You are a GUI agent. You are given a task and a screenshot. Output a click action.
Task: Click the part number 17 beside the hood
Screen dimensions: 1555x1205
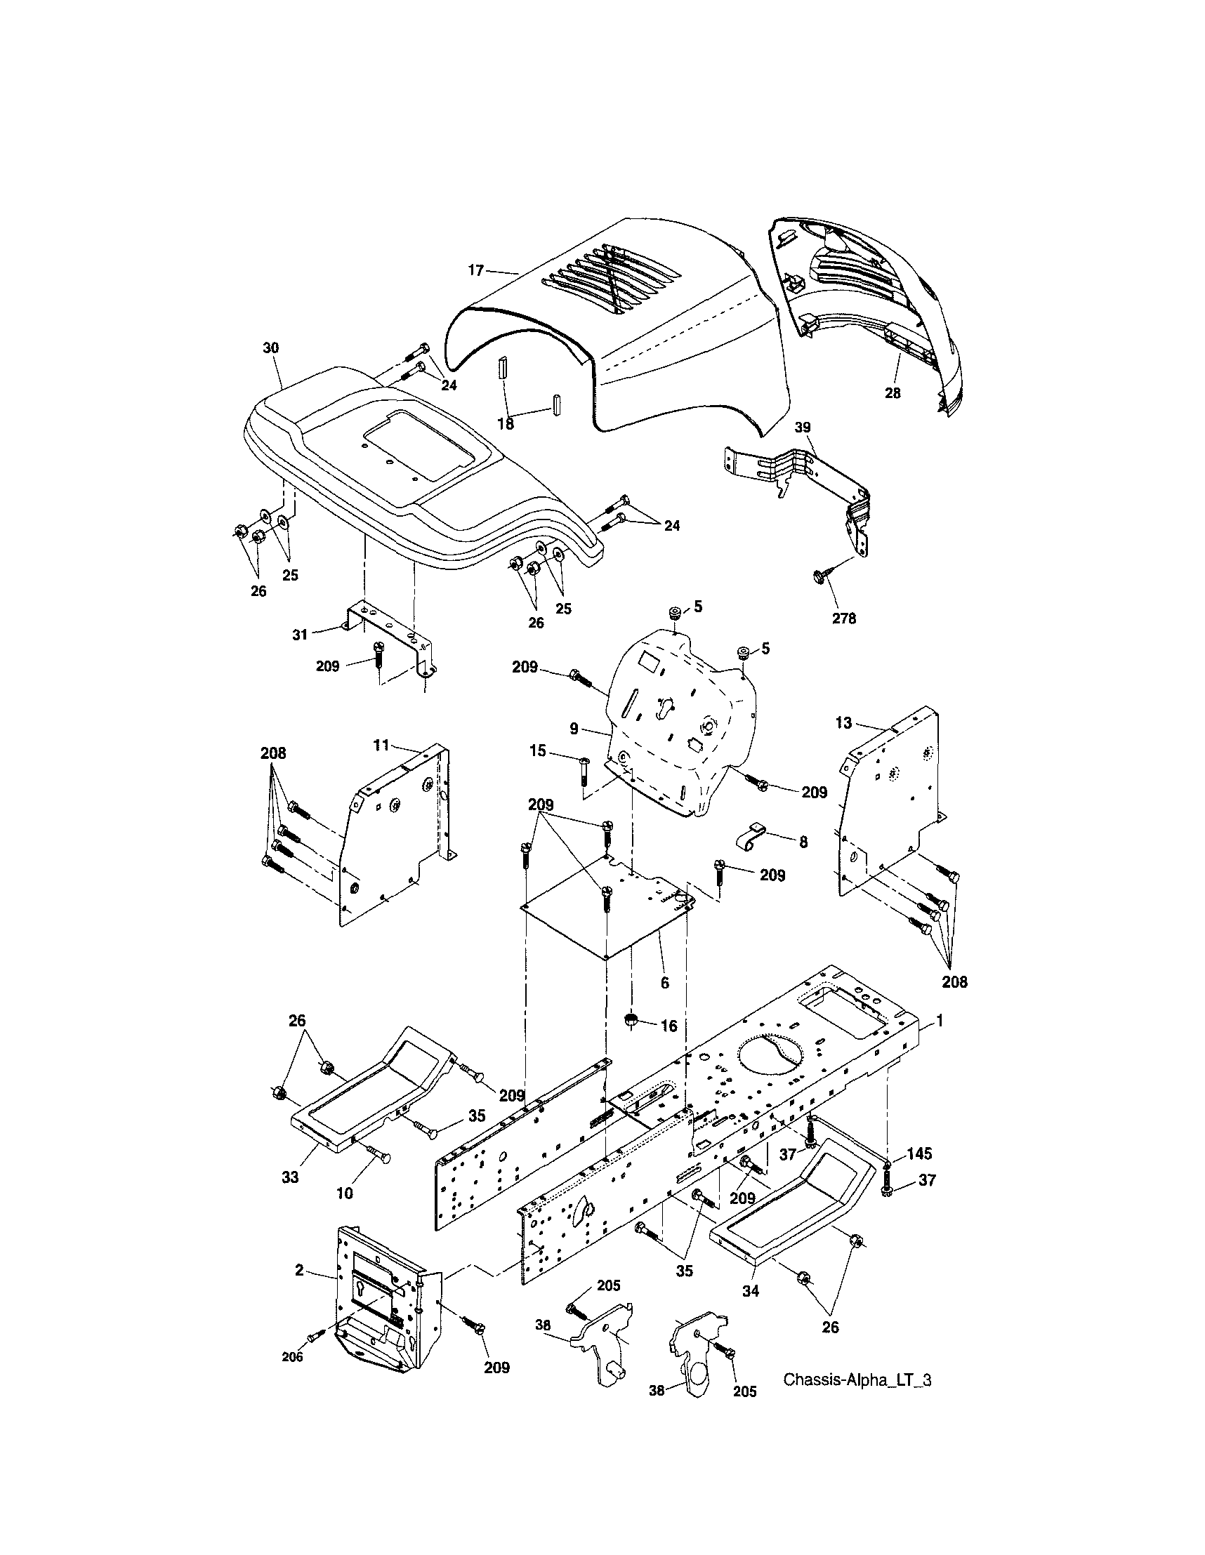point(475,270)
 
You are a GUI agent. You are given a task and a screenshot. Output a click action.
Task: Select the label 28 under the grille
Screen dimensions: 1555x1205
point(893,392)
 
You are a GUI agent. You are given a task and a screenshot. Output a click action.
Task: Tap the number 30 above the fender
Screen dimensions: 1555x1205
point(271,348)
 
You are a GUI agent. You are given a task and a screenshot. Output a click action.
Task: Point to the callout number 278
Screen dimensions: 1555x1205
point(844,618)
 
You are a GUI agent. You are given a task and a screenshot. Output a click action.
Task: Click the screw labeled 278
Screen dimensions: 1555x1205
point(819,576)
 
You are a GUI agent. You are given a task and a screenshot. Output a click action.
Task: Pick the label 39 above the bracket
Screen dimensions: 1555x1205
point(803,428)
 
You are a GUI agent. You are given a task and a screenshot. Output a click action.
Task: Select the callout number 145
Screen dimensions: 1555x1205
point(919,1153)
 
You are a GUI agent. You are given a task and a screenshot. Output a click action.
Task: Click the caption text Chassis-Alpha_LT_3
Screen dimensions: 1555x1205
point(857,1400)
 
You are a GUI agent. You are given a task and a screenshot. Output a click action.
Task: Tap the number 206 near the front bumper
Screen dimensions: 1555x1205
point(292,1357)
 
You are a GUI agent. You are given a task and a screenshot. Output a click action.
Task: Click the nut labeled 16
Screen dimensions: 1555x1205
point(631,1020)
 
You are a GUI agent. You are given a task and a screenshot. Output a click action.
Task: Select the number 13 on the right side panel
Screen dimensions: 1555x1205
point(843,722)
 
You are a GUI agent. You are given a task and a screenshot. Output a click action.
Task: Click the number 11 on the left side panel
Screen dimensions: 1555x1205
point(381,746)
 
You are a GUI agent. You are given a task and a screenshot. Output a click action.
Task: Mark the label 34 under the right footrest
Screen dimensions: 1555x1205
point(751,1290)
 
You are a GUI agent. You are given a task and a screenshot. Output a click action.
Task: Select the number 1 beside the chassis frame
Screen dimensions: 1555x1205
point(940,1020)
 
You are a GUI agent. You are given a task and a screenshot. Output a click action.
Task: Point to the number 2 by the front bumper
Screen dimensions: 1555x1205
point(299,1269)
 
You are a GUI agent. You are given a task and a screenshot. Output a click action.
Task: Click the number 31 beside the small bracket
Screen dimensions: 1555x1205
point(300,634)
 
